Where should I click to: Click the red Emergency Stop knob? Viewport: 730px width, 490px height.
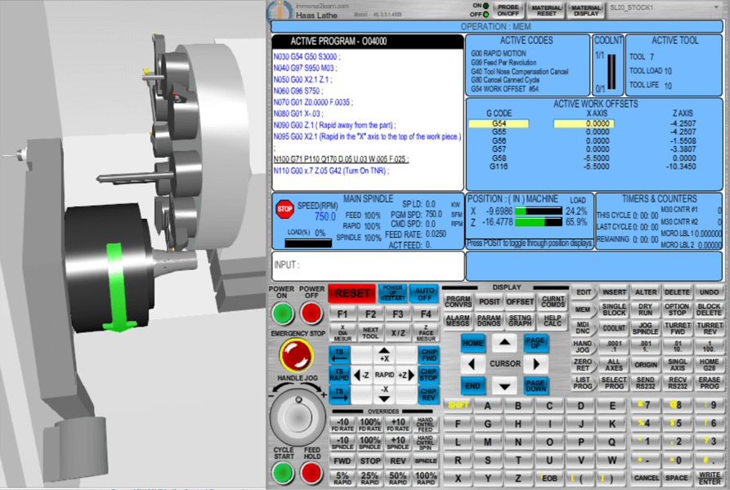(296, 354)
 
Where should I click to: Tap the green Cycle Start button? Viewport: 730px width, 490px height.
(283, 472)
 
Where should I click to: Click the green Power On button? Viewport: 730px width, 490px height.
(283, 312)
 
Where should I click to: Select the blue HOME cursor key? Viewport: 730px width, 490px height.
(472, 344)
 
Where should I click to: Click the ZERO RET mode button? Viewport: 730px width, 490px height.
(583, 363)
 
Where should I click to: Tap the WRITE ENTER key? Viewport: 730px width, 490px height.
(710, 476)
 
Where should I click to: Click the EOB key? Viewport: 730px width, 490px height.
(550, 477)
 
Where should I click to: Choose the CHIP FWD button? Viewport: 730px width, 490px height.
(428, 354)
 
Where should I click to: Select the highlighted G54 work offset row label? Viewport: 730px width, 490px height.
(499, 123)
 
